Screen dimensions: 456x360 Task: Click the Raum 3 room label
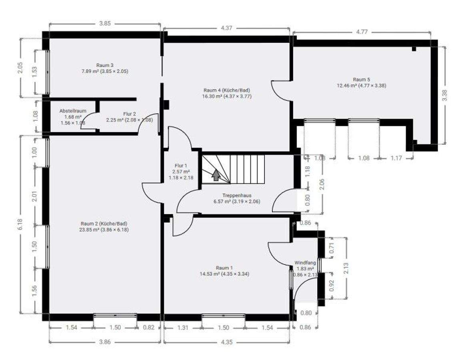(x=105, y=65)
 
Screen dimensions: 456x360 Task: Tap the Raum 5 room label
(x=362, y=79)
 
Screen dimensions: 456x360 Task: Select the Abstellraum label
(x=73, y=111)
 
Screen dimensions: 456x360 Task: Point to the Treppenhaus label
(x=237, y=196)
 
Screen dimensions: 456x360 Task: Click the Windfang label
(x=305, y=262)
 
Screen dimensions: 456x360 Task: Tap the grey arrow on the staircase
(x=216, y=175)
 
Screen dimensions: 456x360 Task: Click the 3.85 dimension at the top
(x=105, y=24)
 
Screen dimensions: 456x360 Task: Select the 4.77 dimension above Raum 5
(x=362, y=32)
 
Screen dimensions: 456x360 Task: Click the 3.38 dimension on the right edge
(x=444, y=95)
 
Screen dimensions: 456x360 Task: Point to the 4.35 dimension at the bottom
(x=226, y=342)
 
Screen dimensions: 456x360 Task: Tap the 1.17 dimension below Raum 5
(x=396, y=158)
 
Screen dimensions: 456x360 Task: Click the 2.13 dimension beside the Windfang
(x=346, y=268)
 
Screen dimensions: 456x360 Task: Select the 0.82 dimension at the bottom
(x=149, y=328)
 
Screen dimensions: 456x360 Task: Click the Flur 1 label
(x=181, y=166)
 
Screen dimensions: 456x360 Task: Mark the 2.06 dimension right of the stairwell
(x=322, y=184)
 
